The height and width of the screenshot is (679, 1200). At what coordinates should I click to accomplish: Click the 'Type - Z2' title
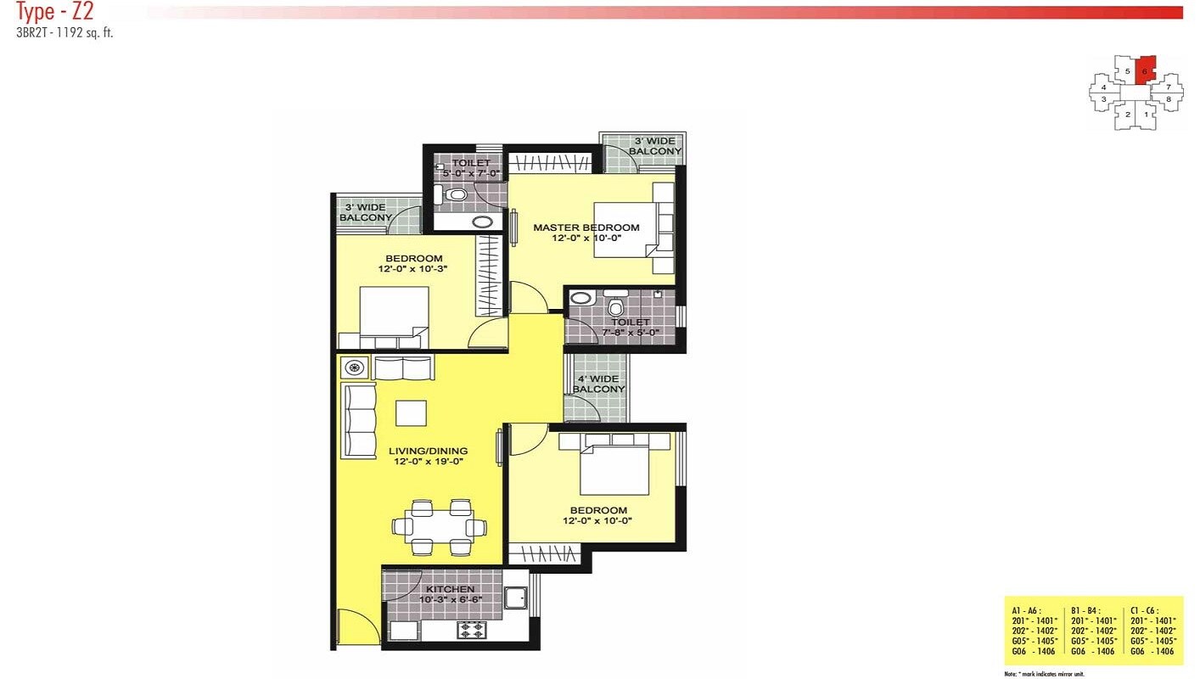click(x=54, y=12)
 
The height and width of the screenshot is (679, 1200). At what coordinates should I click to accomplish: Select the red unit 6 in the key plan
click(x=1145, y=70)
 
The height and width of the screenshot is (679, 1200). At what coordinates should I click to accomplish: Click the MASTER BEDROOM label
click(x=586, y=227)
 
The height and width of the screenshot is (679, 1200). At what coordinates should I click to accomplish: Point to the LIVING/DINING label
click(x=428, y=451)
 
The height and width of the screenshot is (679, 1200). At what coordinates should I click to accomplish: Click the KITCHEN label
click(x=450, y=589)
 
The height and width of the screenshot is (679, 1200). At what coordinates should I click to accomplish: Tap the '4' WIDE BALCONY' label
click(x=598, y=384)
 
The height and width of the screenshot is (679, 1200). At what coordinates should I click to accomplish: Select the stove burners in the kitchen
click(x=471, y=630)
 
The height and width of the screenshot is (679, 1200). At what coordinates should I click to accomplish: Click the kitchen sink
click(x=515, y=598)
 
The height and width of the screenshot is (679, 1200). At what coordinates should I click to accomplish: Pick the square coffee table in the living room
click(x=412, y=412)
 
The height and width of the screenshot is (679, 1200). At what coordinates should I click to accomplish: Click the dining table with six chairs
click(x=440, y=527)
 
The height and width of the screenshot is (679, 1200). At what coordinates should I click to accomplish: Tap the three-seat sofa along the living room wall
click(x=358, y=421)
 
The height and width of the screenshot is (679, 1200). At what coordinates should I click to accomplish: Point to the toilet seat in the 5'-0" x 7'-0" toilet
click(x=457, y=195)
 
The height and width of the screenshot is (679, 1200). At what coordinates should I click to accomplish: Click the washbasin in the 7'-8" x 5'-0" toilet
click(x=580, y=298)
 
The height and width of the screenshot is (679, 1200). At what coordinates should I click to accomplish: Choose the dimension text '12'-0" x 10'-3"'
click(x=412, y=269)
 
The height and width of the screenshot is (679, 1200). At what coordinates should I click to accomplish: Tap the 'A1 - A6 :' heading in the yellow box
click(x=1028, y=610)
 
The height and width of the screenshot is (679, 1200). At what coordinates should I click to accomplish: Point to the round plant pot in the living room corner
click(x=355, y=368)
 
